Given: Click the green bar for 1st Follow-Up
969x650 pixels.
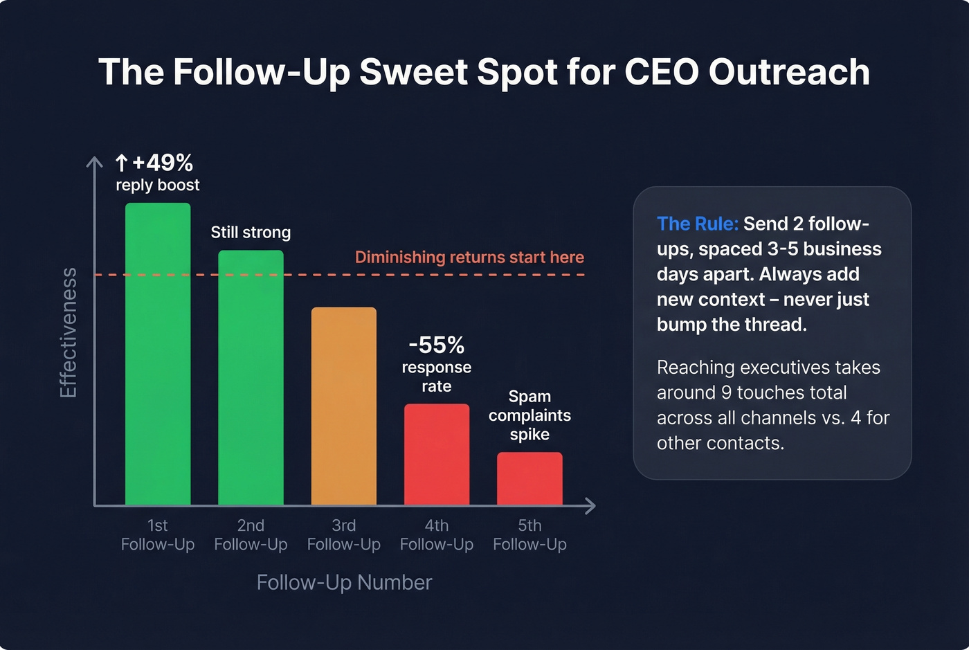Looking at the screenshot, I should pos(158,354).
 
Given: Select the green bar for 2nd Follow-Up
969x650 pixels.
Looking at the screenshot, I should pos(251,377).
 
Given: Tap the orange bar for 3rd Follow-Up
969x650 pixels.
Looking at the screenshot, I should pos(344,406).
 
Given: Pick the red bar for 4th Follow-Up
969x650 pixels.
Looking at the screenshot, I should pos(437,454).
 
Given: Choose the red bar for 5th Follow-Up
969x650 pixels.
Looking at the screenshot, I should pos(529,478).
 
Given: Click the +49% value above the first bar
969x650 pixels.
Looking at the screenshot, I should pos(163,163).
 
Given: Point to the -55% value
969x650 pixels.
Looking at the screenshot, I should pos(437,345).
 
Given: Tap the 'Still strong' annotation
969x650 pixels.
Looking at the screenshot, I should pos(251,233).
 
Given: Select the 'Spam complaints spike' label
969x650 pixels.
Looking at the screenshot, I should pos(529,415).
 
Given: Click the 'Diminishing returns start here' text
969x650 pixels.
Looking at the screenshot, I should pos(469,258).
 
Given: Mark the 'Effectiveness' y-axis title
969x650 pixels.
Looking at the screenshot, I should pos(69,333).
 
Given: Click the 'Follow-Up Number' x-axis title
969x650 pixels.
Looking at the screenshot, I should pos(344,582).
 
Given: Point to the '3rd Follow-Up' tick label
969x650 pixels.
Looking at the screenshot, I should pos(344,535).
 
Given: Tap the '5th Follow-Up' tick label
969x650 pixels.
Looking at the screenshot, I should pos(529,535).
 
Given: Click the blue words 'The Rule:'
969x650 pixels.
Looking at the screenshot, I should pos(697,224).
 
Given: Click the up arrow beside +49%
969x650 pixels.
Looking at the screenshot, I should pos(122,163).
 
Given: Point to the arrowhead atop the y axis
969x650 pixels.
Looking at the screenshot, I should pos(94,162).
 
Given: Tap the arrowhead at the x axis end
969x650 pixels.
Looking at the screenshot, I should pos(590,506).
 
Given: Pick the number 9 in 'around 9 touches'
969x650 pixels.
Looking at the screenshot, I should pos(726,393).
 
